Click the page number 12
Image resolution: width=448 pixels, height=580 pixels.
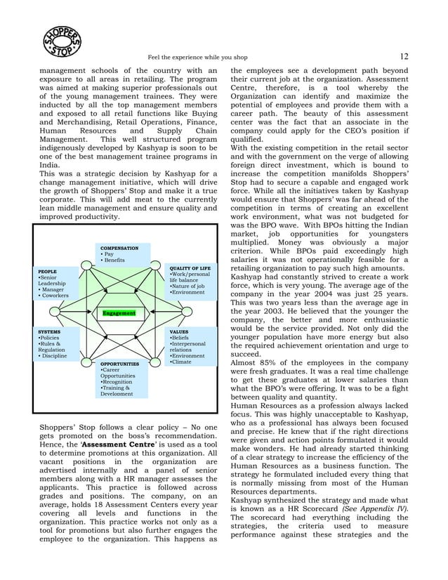pyautogui.click(x=404, y=57)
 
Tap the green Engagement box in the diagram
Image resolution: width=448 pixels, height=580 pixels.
pyautogui.click(x=118, y=312)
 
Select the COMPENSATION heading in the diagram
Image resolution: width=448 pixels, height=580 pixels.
pyautogui.click(x=119, y=248)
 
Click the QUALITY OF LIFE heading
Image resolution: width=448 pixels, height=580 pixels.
pyautogui.click(x=190, y=268)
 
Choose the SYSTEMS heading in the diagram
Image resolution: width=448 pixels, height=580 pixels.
pyautogui.click(x=49, y=331)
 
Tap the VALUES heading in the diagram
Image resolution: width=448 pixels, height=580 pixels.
pyautogui.click(x=179, y=331)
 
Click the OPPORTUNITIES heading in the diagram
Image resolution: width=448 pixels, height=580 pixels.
pyautogui.click(x=119, y=364)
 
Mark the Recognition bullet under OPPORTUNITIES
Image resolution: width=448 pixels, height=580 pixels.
pyautogui.click(x=118, y=381)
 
